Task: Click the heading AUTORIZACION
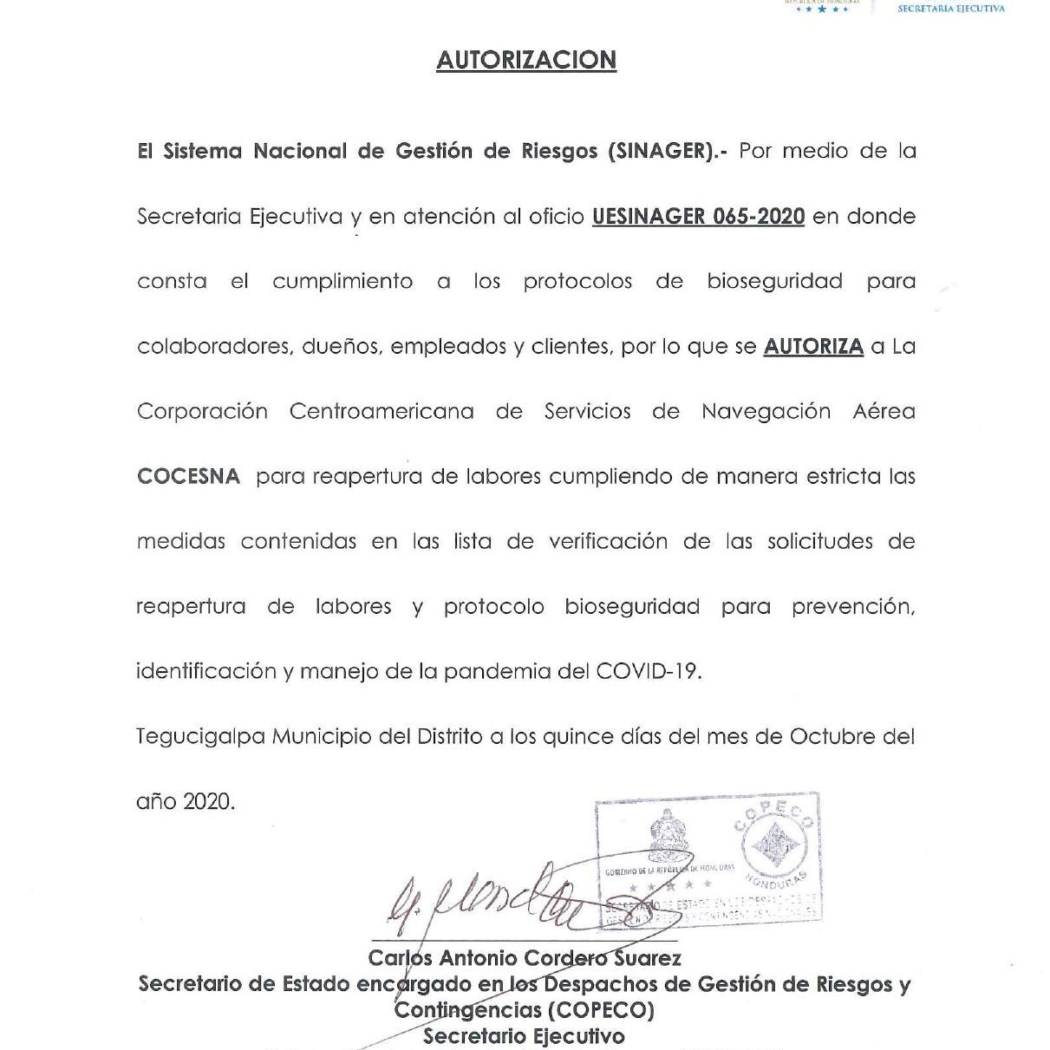tap(525, 60)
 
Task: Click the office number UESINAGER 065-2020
tap(698, 216)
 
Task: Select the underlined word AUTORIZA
tap(813, 347)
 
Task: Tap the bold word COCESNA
tap(188, 477)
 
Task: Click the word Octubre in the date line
tap(832, 737)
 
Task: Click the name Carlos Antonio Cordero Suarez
tap(525, 958)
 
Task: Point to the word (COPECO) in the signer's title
tap(600, 1010)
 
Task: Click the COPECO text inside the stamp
tap(774, 817)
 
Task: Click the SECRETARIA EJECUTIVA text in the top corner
tap(950, 9)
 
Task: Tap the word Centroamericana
tap(382, 412)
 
